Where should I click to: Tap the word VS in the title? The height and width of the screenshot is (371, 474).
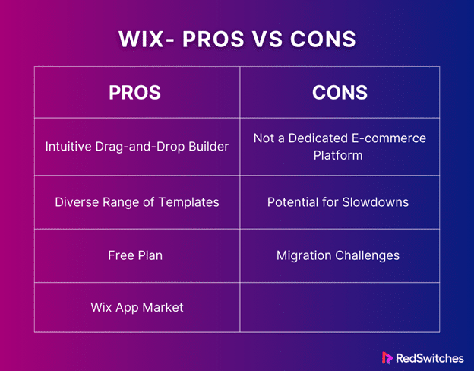[x=267, y=39]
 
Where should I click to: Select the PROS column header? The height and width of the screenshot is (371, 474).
[x=134, y=92]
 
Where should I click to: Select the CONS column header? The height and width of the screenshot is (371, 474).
[x=340, y=92]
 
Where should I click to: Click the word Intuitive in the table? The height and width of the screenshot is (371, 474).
[x=68, y=147]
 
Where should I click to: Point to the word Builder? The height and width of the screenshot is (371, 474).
[x=209, y=147]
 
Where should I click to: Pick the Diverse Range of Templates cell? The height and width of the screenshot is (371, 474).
[x=137, y=202]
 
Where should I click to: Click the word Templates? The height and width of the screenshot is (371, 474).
[x=188, y=202]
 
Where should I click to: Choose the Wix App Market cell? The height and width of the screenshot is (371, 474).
[x=137, y=307]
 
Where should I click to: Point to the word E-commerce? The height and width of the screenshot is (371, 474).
[x=389, y=138]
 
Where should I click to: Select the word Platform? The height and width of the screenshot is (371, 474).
[x=338, y=155]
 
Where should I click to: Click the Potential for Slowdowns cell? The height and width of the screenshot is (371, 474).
[x=338, y=202]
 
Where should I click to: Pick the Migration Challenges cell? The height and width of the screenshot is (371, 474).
[x=338, y=255]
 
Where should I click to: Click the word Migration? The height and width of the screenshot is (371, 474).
[x=304, y=255]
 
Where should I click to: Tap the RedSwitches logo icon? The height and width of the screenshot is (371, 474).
[x=387, y=357]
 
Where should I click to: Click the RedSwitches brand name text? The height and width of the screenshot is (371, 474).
[x=430, y=358]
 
